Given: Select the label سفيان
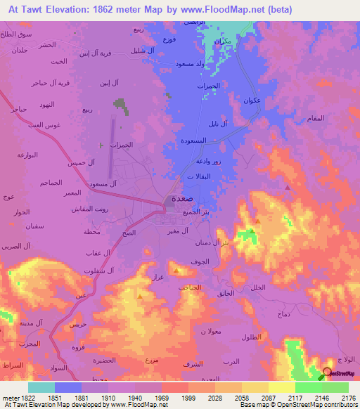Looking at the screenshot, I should click(16, 226).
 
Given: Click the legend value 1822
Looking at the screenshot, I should click(27, 397).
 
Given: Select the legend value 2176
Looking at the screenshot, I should click(348, 397).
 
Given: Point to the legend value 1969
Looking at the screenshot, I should click(160, 397).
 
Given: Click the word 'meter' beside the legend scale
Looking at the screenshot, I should click(9, 397).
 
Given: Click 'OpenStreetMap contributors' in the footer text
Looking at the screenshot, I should click(319, 405).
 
